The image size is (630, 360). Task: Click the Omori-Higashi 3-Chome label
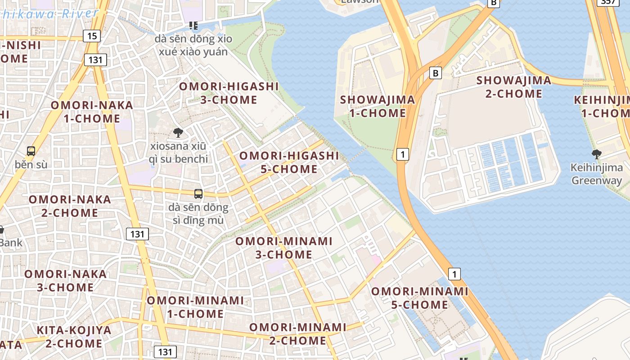229,93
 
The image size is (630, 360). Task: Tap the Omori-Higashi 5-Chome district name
289,162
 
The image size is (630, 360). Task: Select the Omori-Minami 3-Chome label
284,248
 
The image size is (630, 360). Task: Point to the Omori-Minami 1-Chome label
195,307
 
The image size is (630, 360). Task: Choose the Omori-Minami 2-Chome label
298,334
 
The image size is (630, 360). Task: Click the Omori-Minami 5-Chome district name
419,298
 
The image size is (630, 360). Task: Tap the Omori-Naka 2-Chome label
70,206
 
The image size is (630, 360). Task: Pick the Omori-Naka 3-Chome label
66,281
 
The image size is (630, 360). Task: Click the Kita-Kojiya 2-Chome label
74,337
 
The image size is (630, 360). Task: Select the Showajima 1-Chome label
378,106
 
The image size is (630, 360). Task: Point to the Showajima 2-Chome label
513,87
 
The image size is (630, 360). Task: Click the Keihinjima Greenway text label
597,174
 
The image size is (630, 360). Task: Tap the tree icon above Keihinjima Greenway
597,154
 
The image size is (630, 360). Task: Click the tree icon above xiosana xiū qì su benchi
178,132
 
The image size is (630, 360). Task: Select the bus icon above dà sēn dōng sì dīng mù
198,194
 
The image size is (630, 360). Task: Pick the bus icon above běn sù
31,151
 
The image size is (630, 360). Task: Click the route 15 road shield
92,36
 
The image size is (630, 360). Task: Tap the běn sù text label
31,164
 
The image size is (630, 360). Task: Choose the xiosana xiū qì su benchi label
179,153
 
